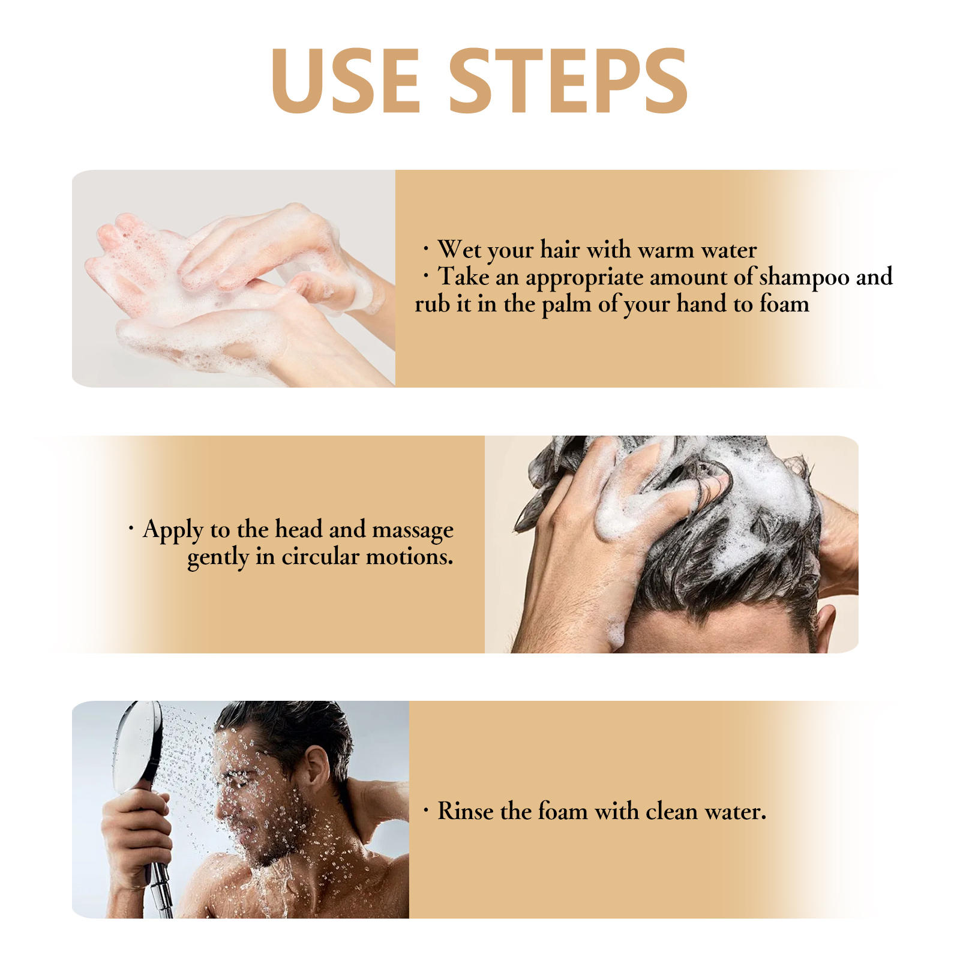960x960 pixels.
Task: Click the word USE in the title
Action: [x=346, y=81]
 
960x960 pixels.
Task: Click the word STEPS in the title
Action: [x=568, y=81]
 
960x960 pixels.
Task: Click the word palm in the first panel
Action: [x=566, y=305]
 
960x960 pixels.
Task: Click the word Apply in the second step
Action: [x=173, y=530]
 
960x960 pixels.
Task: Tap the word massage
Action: [x=413, y=530]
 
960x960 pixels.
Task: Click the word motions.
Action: [x=410, y=557]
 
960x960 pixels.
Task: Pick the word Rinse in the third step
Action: [x=466, y=811]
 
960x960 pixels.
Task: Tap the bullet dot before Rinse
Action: [x=426, y=811]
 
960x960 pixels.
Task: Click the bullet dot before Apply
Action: [x=131, y=528]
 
